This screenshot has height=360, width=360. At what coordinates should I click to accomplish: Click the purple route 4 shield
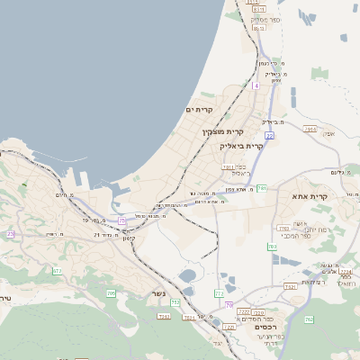pyautogui.click(x=256, y=85)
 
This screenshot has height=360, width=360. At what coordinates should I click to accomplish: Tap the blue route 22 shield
pyautogui.click(x=269, y=135)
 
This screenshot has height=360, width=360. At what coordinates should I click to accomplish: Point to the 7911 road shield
pyautogui.click(x=229, y=167)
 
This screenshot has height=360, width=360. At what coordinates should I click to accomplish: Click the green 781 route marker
pyautogui.click(x=262, y=188)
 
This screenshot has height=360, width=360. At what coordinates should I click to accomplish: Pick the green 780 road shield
pyautogui.click(x=272, y=246)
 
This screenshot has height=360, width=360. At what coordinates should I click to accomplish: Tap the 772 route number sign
pyautogui.click(x=219, y=293)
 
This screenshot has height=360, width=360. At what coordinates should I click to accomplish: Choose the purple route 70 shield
pyautogui.click(x=229, y=305)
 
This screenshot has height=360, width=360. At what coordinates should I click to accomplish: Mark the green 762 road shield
pyautogui.click(x=309, y=319)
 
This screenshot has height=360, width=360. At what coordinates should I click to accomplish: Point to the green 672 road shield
pyautogui.click(x=58, y=271)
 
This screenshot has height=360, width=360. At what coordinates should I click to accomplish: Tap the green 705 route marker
pyautogui.click(x=111, y=293)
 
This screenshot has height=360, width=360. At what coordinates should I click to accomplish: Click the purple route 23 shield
pyautogui.click(x=11, y=233)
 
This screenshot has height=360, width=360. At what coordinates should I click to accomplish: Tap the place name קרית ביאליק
pyautogui.click(x=242, y=146)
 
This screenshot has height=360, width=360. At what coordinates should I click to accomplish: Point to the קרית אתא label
pyautogui.click(x=310, y=195)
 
